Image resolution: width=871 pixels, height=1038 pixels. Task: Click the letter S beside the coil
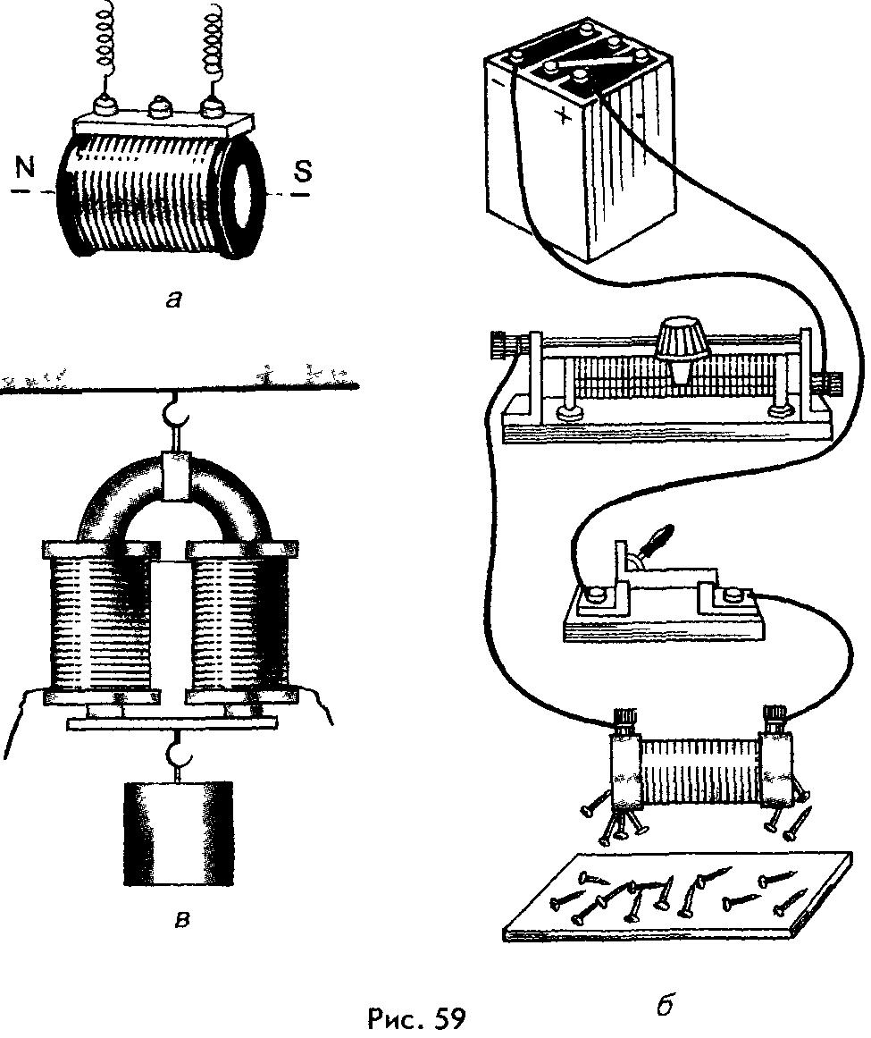coord(305,171)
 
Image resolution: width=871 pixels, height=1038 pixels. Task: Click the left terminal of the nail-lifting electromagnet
coord(624,721)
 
